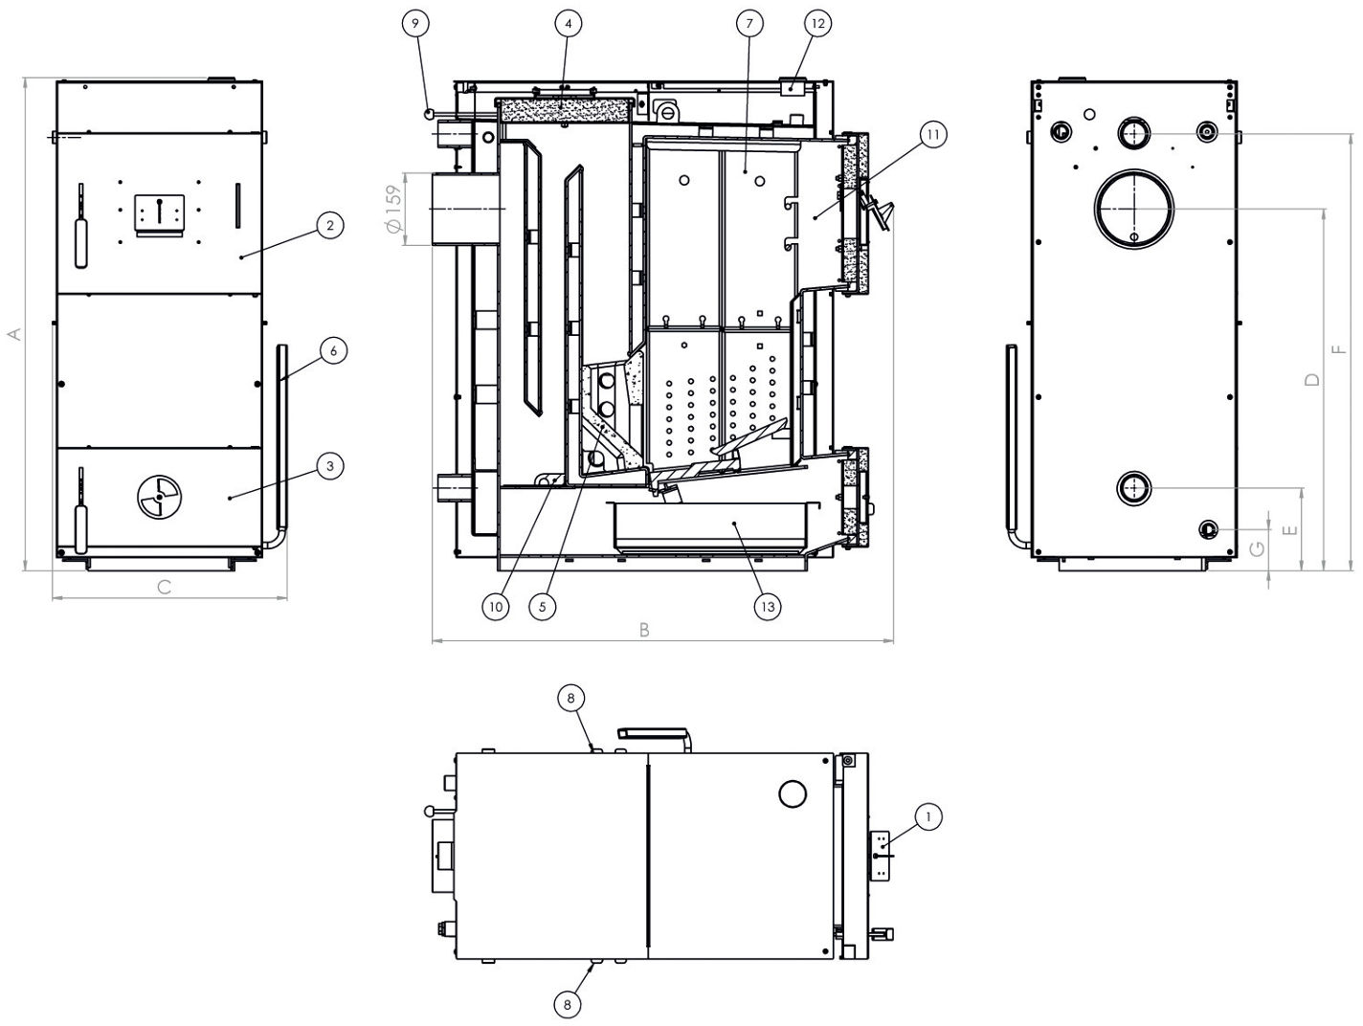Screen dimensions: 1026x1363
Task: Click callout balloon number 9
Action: tap(416, 23)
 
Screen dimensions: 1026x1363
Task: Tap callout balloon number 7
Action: tap(749, 23)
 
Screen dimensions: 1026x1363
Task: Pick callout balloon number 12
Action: tap(818, 23)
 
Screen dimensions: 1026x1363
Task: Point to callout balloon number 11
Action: tap(932, 135)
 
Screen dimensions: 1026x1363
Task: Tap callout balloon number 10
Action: tap(495, 606)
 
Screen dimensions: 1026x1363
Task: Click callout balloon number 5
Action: tap(542, 606)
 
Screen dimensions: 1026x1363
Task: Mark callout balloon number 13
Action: tap(766, 606)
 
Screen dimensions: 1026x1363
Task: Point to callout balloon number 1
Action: tap(927, 816)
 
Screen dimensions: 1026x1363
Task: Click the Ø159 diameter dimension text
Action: tap(393, 208)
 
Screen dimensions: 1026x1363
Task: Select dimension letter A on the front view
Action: tap(13, 333)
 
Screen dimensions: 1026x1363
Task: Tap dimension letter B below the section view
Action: tap(644, 629)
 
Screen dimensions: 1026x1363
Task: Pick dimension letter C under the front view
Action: tap(164, 587)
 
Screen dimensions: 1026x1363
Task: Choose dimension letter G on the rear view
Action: tap(1258, 548)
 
